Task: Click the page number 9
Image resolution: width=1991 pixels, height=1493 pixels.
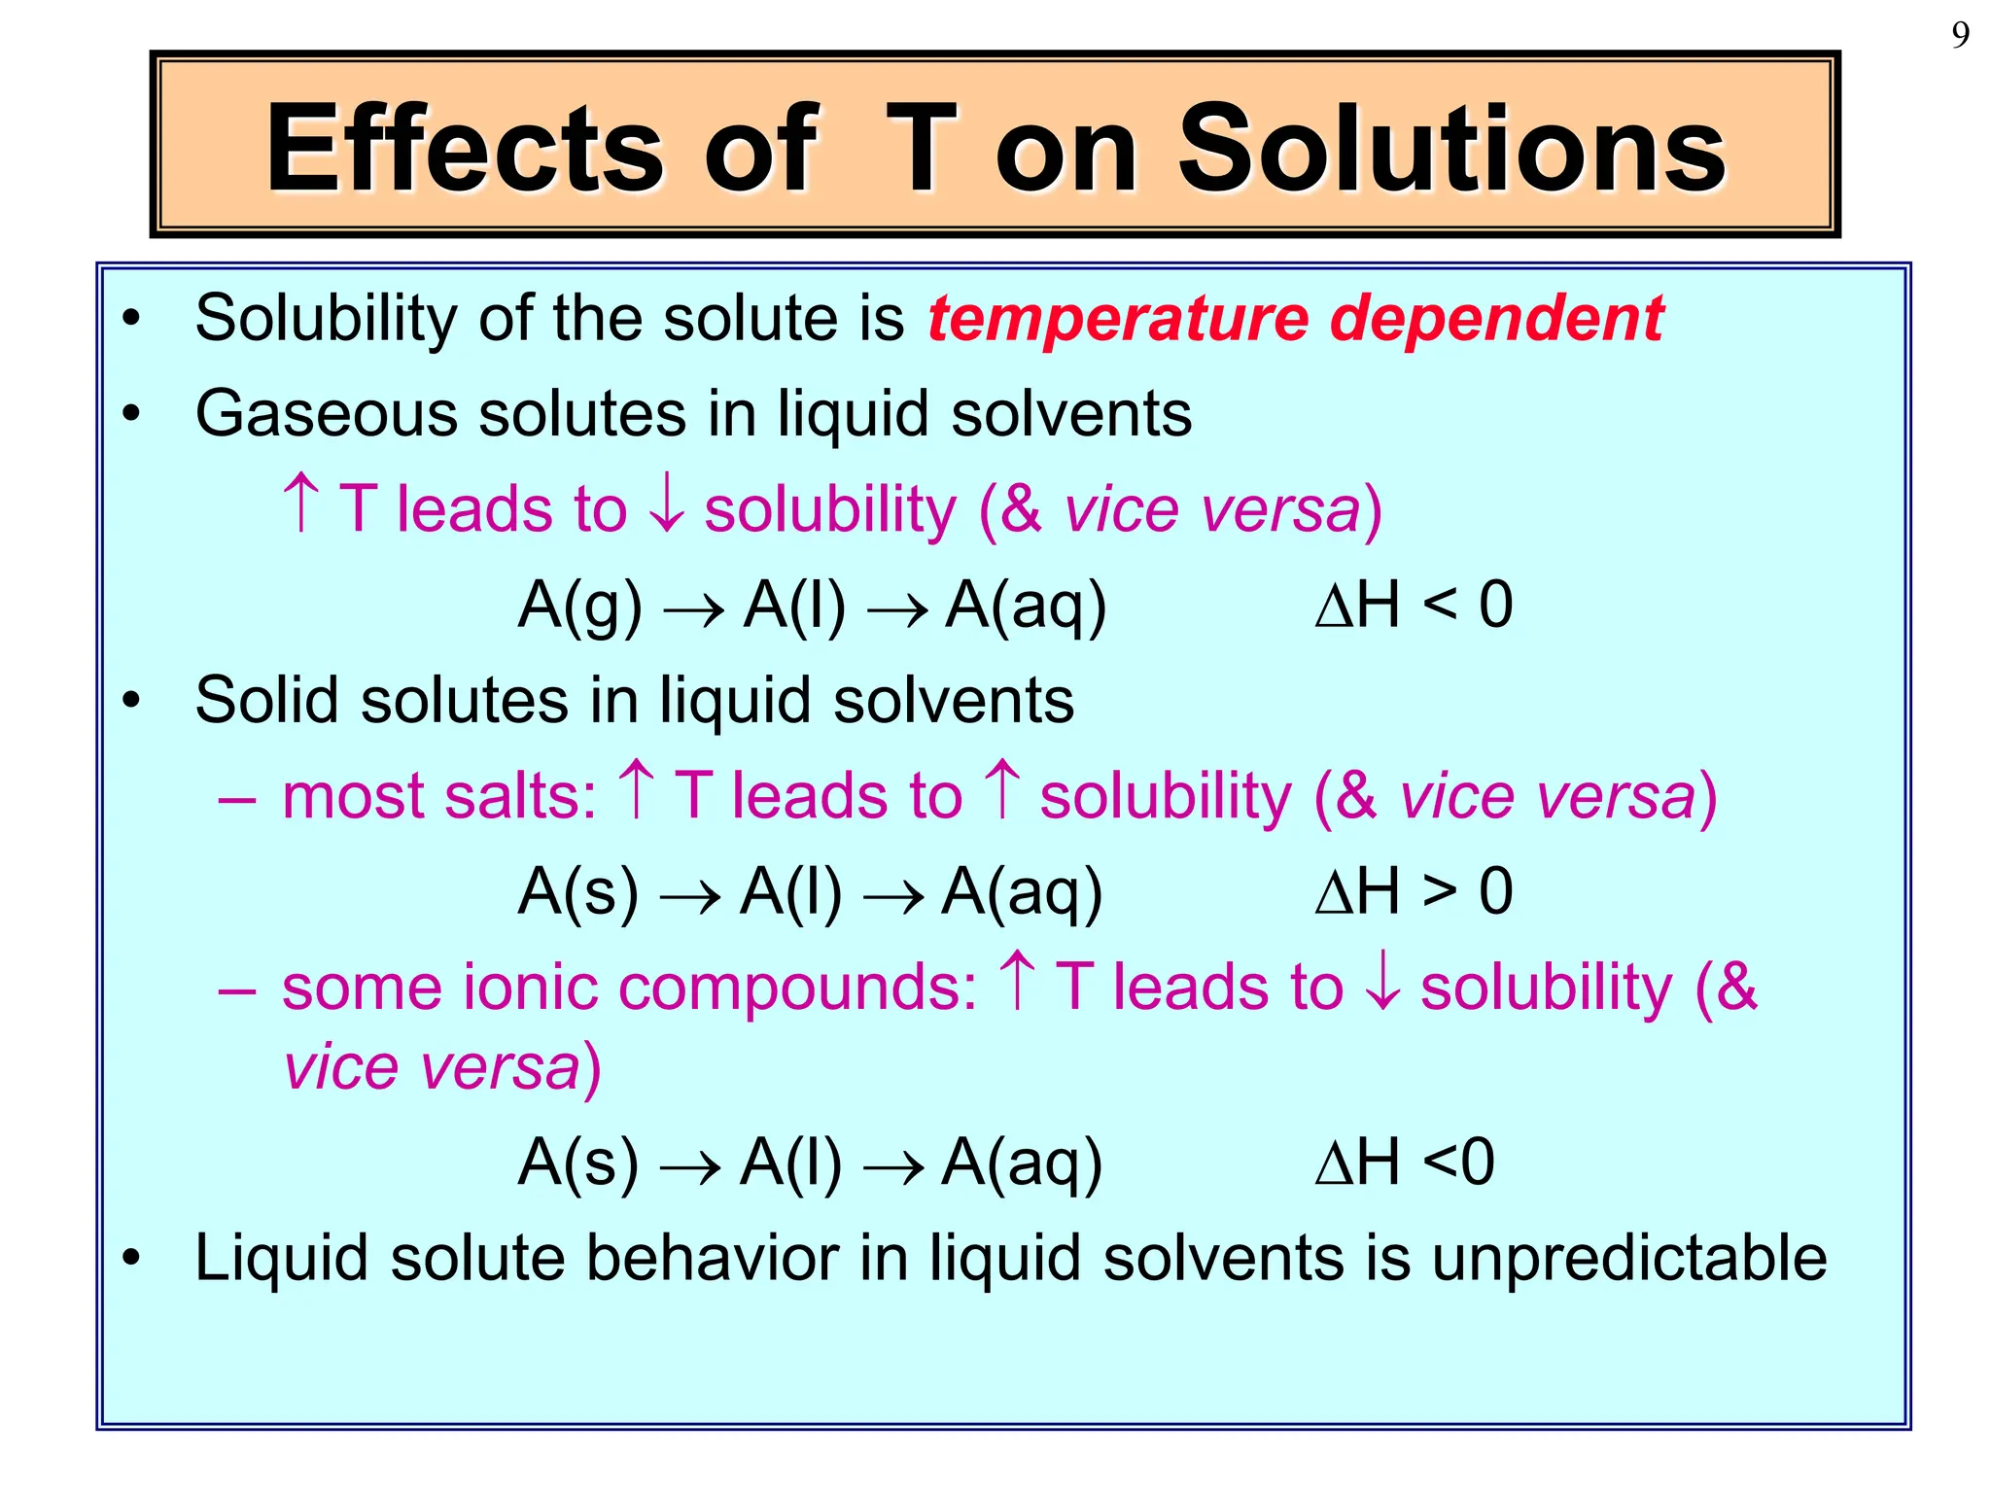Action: click(1960, 35)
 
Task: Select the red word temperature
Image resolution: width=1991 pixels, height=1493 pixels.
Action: click(1118, 319)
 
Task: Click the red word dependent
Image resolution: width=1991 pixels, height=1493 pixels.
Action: click(1496, 319)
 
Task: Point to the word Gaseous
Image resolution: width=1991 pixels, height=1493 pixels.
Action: click(326, 414)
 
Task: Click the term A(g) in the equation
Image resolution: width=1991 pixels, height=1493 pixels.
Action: click(580, 606)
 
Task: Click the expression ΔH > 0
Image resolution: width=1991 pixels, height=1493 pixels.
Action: click(1414, 891)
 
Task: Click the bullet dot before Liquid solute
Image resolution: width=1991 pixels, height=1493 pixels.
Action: click(131, 1259)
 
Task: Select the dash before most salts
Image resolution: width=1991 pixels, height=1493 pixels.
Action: click(237, 800)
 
